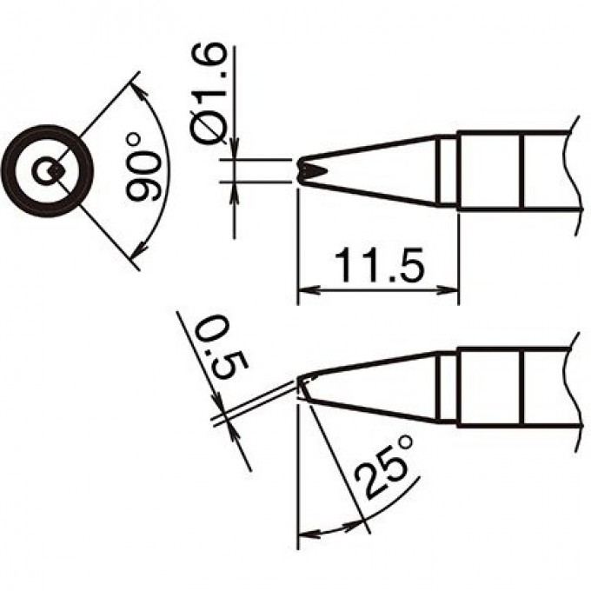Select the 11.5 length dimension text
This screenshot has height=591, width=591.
(x=379, y=265)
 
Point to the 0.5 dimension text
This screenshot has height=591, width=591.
(x=222, y=349)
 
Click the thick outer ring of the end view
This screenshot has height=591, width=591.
(x=47, y=129)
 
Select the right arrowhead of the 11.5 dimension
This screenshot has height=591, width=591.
(x=448, y=290)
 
